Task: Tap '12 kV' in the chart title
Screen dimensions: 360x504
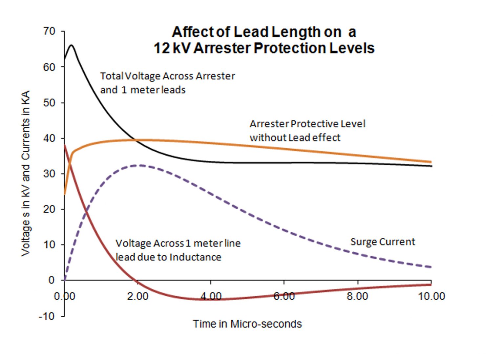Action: click(x=172, y=48)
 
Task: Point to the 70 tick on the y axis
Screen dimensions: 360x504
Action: click(x=49, y=32)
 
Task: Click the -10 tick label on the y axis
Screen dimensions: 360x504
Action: click(x=47, y=316)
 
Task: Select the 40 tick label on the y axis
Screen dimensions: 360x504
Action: click(x=49, y=138)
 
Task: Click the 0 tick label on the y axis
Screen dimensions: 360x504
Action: click(x=51, y=280)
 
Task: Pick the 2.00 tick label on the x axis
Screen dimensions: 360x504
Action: click(x=138, y=296)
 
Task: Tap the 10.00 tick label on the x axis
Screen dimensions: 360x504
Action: click(x=431, y=296)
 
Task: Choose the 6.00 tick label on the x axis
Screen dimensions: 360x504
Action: click(x=284, y=296)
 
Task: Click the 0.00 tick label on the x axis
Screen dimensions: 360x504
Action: click(x=65, y=296)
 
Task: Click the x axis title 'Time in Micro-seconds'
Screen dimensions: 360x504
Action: click(x=247, y=324)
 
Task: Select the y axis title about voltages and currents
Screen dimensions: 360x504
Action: click(x=26, y=173)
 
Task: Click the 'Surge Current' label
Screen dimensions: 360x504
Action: click(x=383, y=242)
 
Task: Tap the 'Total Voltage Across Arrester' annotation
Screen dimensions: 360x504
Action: click(x=167, y=76)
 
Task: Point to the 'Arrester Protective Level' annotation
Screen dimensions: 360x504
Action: click(x=307, y=124)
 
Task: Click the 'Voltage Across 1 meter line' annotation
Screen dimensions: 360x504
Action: click(x=178, y=244)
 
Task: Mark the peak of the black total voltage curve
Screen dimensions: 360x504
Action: click(x=71, y=45)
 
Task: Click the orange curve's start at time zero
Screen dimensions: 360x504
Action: click(x=65, y=194)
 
